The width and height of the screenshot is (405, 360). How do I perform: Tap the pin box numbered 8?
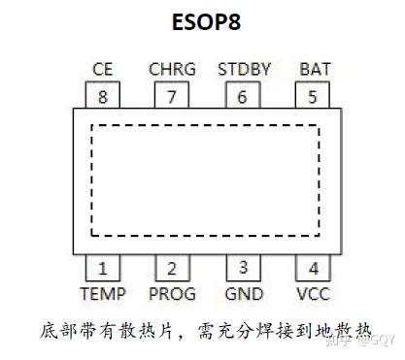(x=103, y=96)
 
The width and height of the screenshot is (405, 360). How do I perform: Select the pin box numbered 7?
(x=172, y=96)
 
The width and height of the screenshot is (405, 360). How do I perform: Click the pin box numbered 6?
(x=243, y=96)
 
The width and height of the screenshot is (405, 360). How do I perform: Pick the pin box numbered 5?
(x=312, y=96)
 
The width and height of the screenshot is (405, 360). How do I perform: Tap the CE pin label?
(x=103, y=70)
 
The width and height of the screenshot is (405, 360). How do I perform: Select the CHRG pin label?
(x=172, y=70)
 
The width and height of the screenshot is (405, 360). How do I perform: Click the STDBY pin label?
(x=244, y=70)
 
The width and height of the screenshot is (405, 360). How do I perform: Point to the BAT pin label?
(x=314, y=70)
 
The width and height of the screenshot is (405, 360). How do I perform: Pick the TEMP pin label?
(x=103, y=293)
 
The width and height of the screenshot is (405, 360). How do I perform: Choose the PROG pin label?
(x=172, y=293)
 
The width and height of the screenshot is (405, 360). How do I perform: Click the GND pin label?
(x=243, y=293)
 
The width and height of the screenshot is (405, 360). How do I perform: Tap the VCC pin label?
(x=313, y=293)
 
